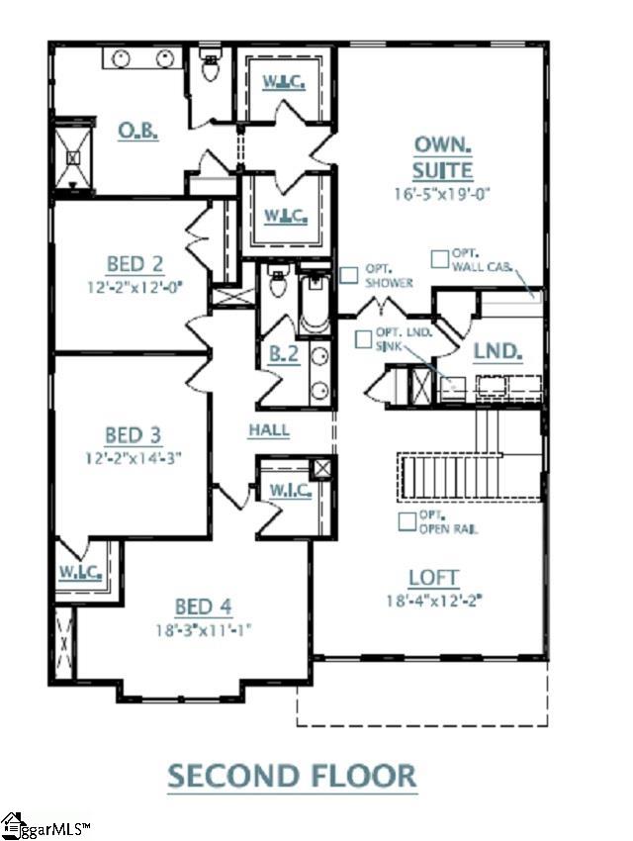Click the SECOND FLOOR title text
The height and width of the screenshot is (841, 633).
click(292, 775)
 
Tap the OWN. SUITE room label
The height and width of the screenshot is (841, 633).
click(442, 157)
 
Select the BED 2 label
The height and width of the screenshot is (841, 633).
click(134, 264)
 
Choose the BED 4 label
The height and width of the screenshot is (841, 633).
click(204, 607)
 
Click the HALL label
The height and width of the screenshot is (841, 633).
click(268, 430)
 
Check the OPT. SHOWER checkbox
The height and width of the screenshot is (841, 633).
click(349, 276)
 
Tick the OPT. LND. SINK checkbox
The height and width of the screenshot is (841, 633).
click(364, 338)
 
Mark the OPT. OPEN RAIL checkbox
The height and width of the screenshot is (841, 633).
click(407, 520)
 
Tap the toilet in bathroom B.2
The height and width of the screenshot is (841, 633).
click(278, 288)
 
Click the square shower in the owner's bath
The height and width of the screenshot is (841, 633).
click(72, 156)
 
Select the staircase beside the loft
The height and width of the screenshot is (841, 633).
click(470, 478)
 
